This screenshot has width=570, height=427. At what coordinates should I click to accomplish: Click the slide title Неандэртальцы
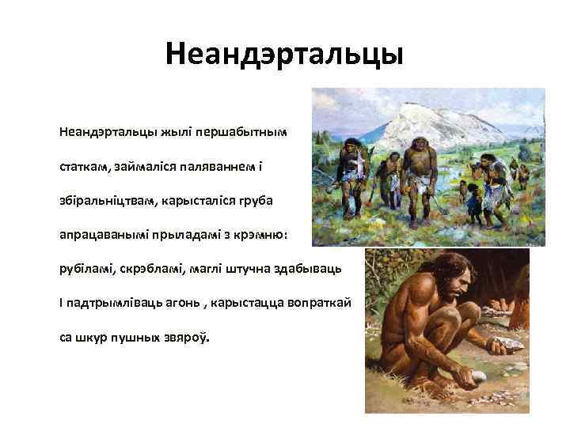[x=284, y=55]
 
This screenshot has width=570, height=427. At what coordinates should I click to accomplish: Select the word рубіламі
[x=86, y=270]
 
